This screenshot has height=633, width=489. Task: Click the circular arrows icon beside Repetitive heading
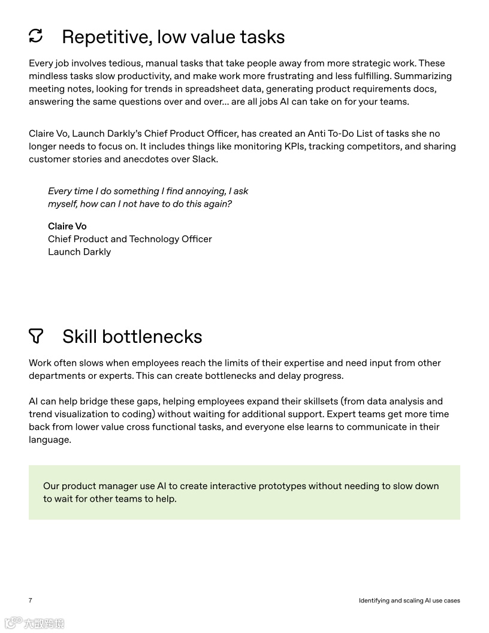[36, 36]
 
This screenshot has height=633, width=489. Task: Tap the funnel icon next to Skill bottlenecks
[36, 336]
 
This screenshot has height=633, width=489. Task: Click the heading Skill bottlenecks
[132, 337]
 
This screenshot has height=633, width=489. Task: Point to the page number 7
[31, 601]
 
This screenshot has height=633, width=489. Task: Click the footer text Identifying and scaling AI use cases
[409, 601]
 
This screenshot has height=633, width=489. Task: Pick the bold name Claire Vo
[67, 226]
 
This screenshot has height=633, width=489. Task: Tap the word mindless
[46, 76]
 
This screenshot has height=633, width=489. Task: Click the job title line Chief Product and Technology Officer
[130, 239]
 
